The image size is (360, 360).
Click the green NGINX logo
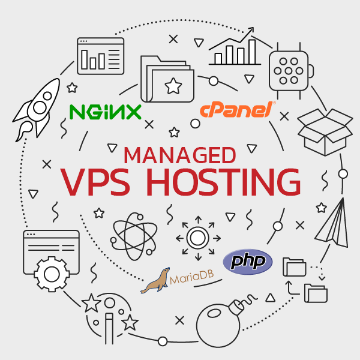click(x=105, y=112)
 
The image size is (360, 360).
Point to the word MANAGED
click(x=179, y=155)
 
